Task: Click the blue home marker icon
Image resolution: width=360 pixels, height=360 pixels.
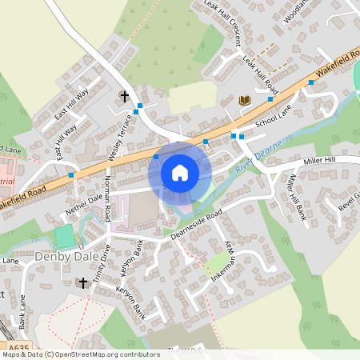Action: click(180, 172)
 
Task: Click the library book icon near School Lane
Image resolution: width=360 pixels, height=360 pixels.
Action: click(244, 100)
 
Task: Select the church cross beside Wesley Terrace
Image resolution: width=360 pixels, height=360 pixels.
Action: click(124, 97)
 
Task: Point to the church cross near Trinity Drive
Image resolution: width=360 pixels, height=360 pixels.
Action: click(82, 282)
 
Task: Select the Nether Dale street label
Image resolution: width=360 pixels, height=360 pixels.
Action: click(86, 206)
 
